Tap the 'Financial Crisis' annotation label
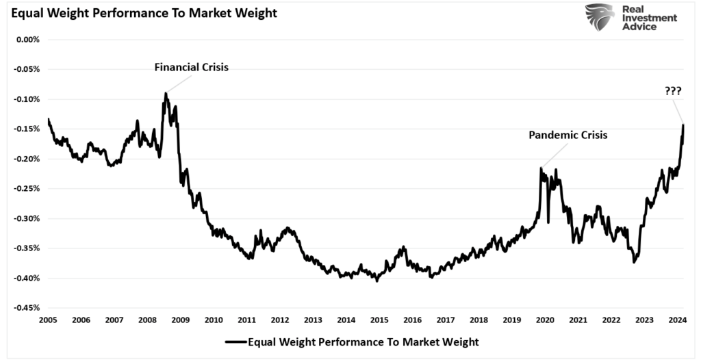191,68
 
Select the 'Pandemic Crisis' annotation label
568,135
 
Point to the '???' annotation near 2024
672,91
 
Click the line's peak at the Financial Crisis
166,94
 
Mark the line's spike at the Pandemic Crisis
541,168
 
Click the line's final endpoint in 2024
683,125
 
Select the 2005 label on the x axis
48,320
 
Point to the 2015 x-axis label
379,320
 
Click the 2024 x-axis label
677,320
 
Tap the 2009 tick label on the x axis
180,320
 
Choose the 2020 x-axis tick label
545,320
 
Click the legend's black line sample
235,341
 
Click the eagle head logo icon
600,17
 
